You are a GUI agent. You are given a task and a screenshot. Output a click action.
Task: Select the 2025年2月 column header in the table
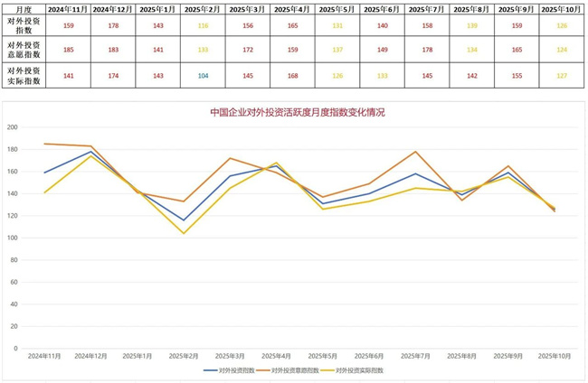click(x=203, y=8)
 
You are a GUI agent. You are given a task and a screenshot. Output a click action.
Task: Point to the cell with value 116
click(x=203, y=25)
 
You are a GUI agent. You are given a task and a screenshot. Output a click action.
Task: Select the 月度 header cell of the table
click(x=22, y=8)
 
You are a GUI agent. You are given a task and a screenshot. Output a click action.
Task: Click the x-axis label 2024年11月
click(x=44, y=356)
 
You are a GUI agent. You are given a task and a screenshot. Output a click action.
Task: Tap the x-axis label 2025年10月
click(x=555, y=356)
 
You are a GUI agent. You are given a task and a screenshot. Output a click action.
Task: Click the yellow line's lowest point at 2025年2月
click(x=184, y=233)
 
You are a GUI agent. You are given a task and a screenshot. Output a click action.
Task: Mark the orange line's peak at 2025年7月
click(x=415, y=152)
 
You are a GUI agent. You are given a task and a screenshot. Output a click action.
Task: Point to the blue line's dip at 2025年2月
click(x=184, y=220)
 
